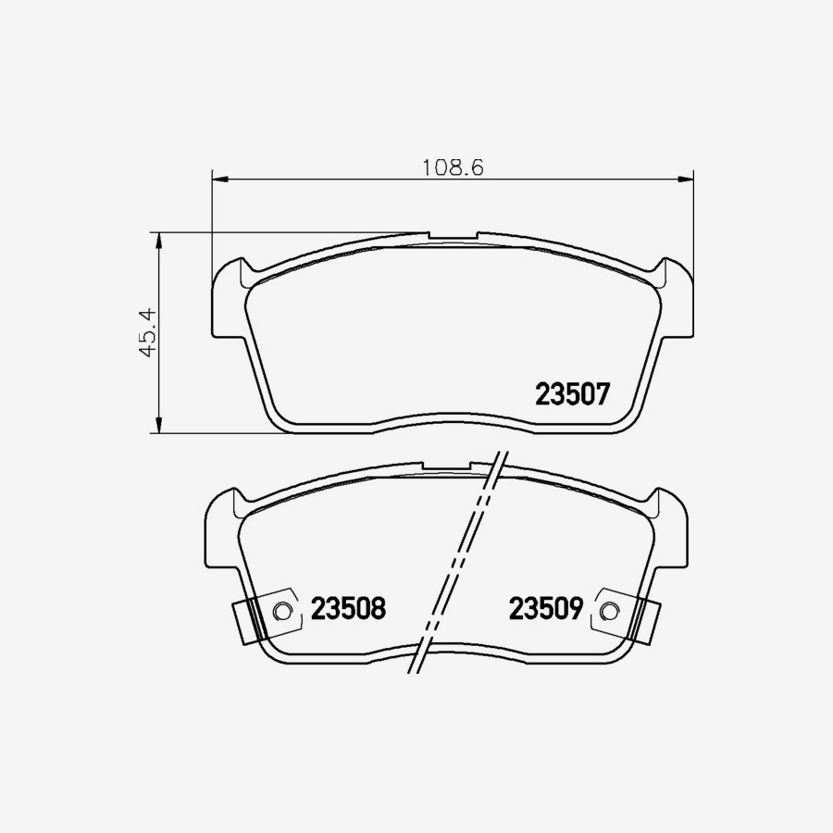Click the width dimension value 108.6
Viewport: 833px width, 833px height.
[454, 168]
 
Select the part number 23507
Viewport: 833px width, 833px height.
[573, 395]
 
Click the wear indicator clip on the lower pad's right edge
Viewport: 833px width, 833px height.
[642, 619]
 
